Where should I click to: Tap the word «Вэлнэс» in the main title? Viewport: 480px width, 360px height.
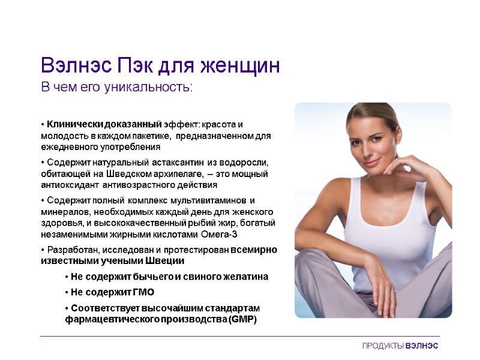(x=74, y=65)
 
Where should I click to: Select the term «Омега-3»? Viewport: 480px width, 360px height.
(x=221, y=234)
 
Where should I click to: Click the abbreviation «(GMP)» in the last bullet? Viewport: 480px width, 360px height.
(x=242, y=319)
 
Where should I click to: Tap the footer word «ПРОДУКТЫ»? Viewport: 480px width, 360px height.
(x=383, y=347)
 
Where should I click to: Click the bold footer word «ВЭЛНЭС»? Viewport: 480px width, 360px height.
(x=422, y=347)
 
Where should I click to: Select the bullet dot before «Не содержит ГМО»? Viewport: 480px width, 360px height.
(x=66, y=292)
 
